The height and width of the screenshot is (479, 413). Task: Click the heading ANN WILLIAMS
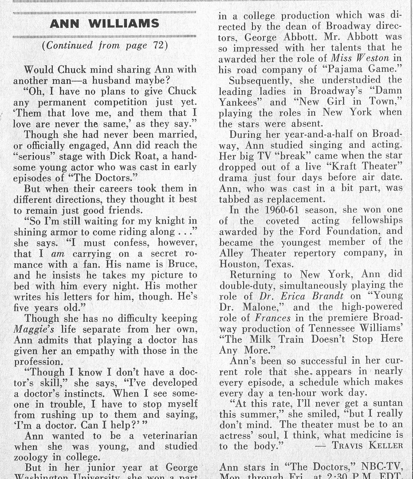(x=105, y=24)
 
